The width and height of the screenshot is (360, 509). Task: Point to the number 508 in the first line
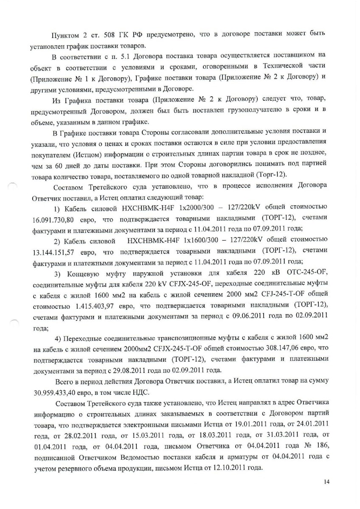(x=89, y=34)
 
